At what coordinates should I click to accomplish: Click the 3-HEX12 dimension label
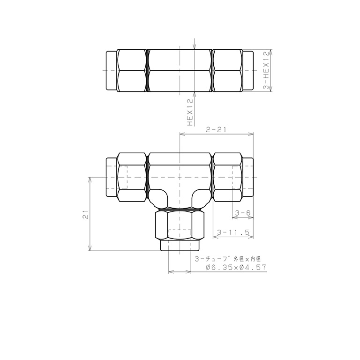coord(266,70)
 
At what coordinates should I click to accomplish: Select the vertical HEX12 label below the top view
coord(190,112)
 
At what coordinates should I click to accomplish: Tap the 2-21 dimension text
coord(216,130)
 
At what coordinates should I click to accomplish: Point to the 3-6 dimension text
coord(243,213)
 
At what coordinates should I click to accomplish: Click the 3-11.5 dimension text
coord(233,232)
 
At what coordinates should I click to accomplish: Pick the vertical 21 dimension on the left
coord(85,214)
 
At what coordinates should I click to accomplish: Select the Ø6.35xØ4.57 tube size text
coord(236,267)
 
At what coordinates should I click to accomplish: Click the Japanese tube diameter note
coord(228,259)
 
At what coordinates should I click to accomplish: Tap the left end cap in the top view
coord(112,70)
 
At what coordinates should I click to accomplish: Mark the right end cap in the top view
coord(248,70)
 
